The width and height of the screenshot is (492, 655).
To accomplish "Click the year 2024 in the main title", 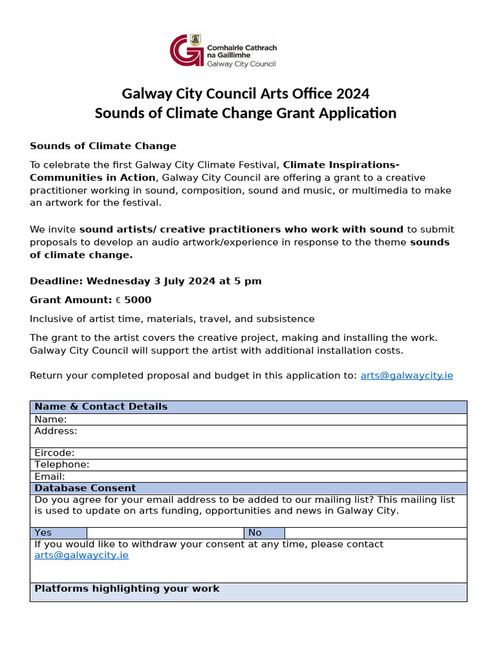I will pyautogui.click(x=351, y=94).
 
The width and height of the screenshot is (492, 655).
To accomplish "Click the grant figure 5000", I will pyautogui.click(x=138, y=299).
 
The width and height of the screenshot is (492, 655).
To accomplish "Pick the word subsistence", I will pyautogui.click(x=284, y=319).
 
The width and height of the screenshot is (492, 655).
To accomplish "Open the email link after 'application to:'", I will pyautogui.click(x=406, y=375).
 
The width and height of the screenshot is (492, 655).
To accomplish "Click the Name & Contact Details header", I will pyautogui.click(x=101, y=407).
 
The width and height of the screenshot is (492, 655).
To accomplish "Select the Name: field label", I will pyautogui.click(x=51, y=420).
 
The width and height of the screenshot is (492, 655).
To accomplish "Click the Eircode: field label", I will pyautogui.click(x=54, y=453).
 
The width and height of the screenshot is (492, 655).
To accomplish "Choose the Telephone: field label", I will pyautogui.click(x=62, y=464).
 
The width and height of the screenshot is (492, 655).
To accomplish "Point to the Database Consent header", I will pyautogui.click(x=85, y=488).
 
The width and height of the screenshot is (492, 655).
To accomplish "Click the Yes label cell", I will pyautogui.click(x=58, y=533).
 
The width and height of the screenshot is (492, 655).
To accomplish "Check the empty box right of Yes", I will pyautogui.click(x=165, y=533).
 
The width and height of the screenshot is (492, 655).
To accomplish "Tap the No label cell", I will pyautogui.click(x=264, y=533).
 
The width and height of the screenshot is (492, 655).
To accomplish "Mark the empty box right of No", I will pyautogui.click(x=375, y=533).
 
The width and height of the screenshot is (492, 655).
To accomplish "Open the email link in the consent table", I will pyautogui.click(x=81, y=555).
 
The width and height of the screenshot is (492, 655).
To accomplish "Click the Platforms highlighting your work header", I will pyautogui.click(x=127, y=588).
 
